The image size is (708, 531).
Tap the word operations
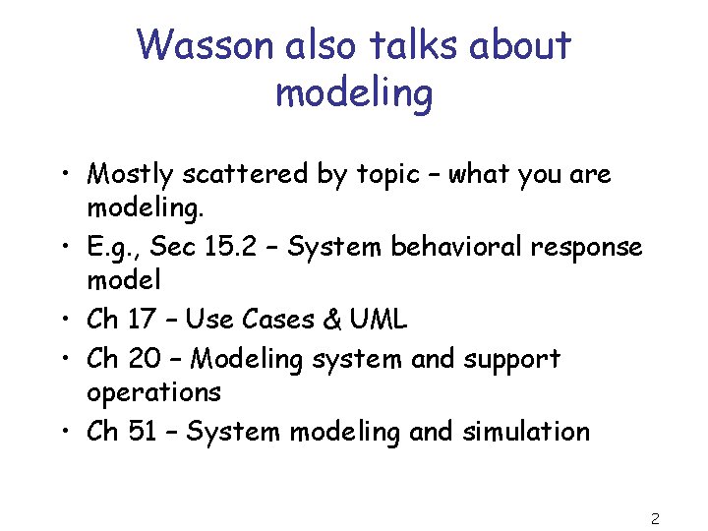click(153, 393)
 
